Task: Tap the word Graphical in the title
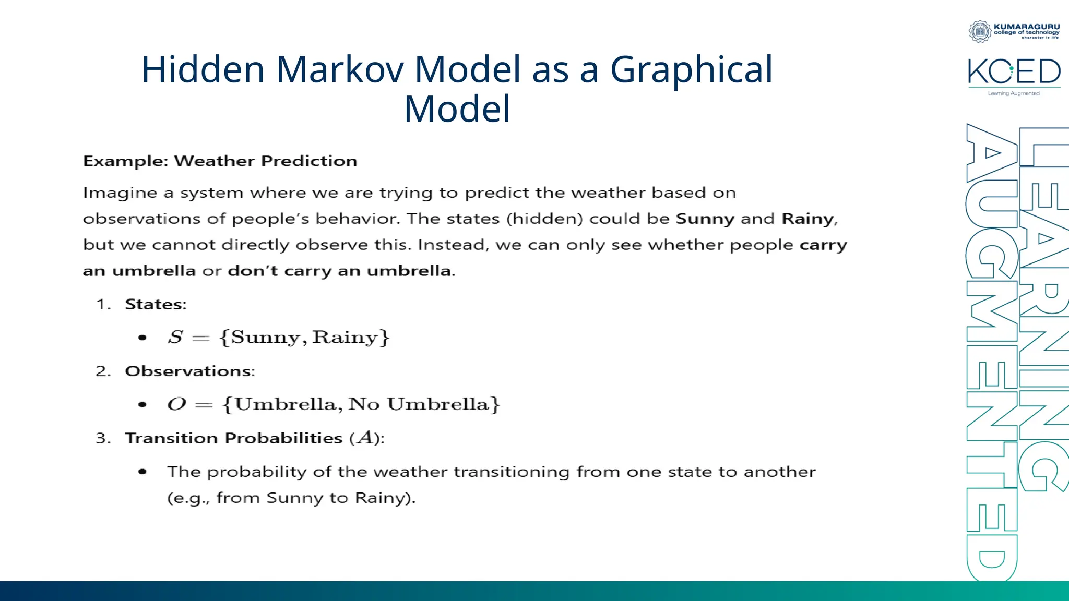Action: point(691,69)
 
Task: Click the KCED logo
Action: point(1014,71)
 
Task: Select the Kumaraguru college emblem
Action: point(980,31)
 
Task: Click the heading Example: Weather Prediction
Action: point(220,161)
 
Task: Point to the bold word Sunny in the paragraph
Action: point(705,219)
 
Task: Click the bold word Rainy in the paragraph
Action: point(808,219)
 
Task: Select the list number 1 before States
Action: point(103,304)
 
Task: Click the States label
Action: point(155,304)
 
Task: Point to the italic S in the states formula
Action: point(175,337)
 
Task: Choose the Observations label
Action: point(189,371)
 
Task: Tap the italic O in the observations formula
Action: point(176,404)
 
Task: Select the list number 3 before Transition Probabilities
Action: point(103,438)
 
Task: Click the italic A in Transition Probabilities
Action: point(365,437)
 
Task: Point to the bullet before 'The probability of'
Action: point(142,472)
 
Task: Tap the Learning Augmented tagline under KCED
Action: point(1013,93)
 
